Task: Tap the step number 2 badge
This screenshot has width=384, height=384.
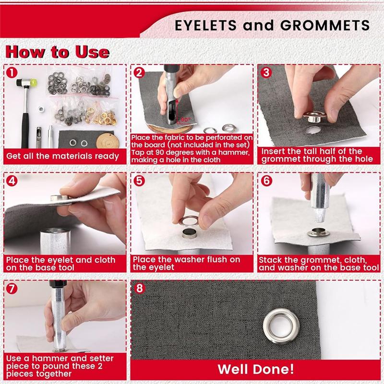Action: [140, 73]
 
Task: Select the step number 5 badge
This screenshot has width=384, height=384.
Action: [140, 181]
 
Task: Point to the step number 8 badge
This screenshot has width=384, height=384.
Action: [140, 289]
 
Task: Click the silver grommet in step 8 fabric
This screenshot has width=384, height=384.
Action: [281, 326]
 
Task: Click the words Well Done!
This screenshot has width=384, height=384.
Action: [255, 370]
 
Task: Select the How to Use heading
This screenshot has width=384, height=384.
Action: [57, 51]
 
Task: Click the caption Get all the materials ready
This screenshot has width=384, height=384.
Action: [62, 156]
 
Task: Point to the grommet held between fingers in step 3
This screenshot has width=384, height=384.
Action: [315, 116]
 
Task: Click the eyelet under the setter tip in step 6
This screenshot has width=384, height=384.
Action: [318, 233]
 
